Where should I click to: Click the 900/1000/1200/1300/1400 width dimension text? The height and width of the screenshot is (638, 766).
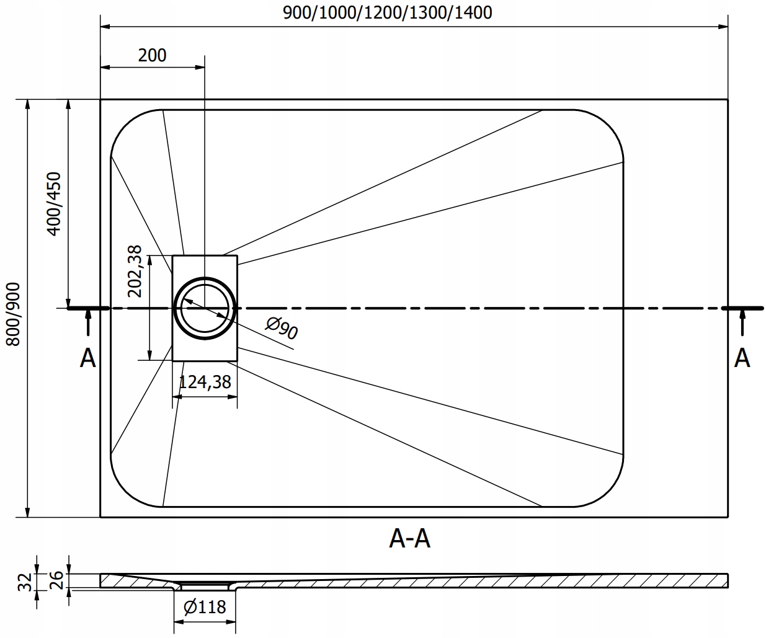point(387,12)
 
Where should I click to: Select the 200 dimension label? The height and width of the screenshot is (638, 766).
point(152,55)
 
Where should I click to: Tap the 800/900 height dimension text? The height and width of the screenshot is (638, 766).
point(13,314)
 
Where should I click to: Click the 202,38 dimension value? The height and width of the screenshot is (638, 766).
point(135,271)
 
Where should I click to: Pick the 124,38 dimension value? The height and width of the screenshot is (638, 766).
point(205,382)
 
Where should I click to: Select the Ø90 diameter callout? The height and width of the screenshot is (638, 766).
point(281,328)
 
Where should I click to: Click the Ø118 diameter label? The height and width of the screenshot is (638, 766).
point(205,607)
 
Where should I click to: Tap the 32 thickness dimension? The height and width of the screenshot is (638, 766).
point(24,581)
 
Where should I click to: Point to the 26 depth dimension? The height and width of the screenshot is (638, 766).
point(55,580)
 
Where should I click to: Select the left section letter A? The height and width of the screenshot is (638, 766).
point(88,358)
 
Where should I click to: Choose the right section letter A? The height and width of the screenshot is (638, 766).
point(742,358)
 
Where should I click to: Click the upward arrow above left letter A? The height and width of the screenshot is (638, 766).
point(88,322)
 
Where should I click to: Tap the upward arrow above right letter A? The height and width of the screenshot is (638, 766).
point(742,322)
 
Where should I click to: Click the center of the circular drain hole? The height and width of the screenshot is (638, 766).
point(205,308)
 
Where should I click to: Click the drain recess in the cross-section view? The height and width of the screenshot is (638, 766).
point(205,583)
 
